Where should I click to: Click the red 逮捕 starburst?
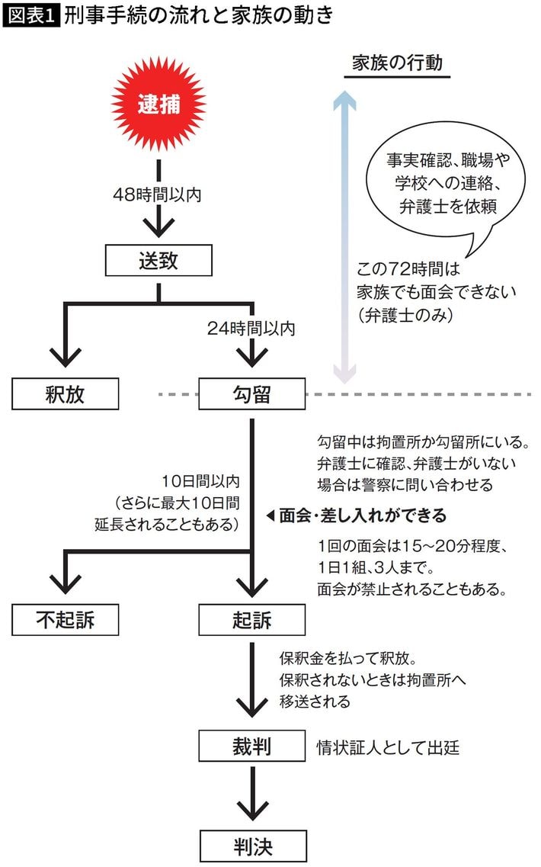[x=158, y=104]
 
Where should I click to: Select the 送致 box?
[x=158, y=261]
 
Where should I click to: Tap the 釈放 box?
[x=66, y=394]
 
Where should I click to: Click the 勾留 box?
[x=251, y=394]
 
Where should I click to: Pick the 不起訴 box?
[x=66, y=619]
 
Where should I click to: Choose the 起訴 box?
[x=251, y=619]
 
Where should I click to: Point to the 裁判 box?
[x=251, y=747]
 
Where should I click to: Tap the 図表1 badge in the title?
[x=30, y=16]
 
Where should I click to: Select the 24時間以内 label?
[x=251, y=329]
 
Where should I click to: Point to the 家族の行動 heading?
[x=397, y=64]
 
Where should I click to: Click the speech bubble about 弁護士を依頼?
[x=442, y=183]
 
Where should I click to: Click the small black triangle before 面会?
[x=270, y=516]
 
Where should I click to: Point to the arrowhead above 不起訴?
[x=66, y=584]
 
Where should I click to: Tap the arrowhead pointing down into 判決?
[x=251, y=808]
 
